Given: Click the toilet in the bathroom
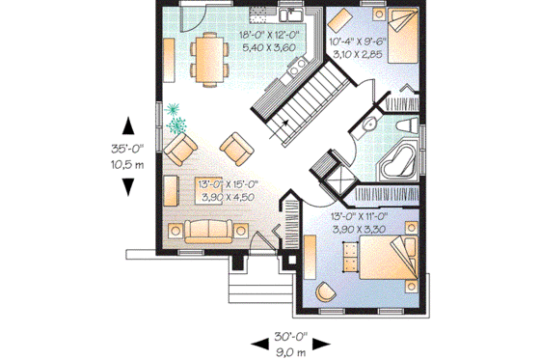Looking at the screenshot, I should click(406, 126).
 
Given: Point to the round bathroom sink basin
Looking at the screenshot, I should click(369, 126).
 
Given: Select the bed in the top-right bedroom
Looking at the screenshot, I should click(399, 36).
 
